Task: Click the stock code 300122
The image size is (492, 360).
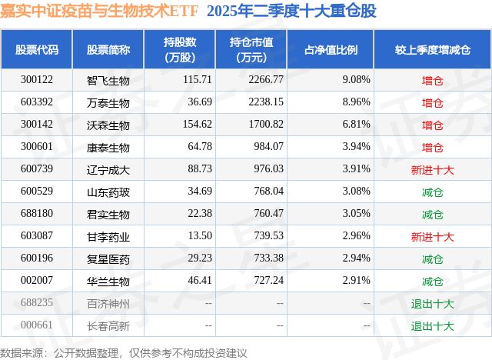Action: (37, 80)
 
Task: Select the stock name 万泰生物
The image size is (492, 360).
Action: (108, 102)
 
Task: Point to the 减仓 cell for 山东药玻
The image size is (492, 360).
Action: (433, 192)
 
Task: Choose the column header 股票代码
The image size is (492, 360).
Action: (37, 50)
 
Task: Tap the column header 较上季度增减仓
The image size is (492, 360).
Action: (433, 50)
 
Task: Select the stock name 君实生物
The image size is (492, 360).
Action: (108, 214)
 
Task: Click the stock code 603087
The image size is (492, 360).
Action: (37, 236)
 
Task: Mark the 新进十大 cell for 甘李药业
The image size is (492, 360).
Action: (433, 236)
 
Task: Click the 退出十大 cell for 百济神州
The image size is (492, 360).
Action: (433, 303)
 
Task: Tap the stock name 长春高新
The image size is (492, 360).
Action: (108, 325)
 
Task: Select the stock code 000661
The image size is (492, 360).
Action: (37, 325)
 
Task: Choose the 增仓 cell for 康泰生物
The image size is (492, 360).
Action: (433, 147)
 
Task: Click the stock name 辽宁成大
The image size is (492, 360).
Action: (108, 169)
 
